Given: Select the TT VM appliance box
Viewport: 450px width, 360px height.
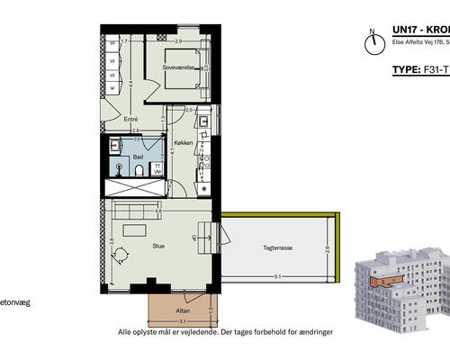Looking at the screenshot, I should click(x=157, y=167).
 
